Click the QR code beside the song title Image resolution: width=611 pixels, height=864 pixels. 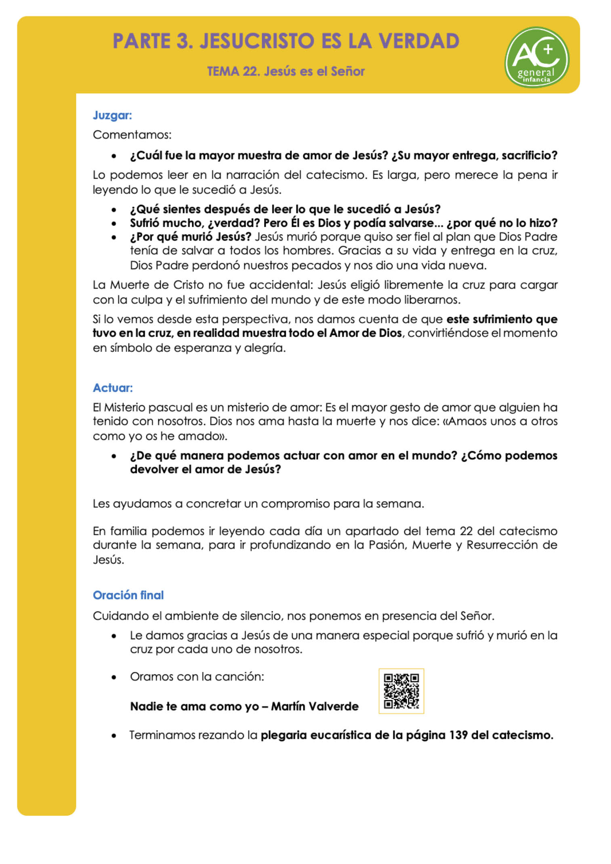tap(401, 691)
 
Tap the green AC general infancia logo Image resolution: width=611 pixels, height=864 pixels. tap(536, 57)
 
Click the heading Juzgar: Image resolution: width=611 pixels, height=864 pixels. tap(112, 115)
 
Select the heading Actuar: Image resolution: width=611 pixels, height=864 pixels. tap(113, 388)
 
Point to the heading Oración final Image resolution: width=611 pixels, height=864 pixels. tap(128, 595)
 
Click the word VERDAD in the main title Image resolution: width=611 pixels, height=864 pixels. tap(419, 41)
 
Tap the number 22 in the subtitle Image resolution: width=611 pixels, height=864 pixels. tap(250, 71)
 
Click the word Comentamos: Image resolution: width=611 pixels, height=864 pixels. tap(132, 135)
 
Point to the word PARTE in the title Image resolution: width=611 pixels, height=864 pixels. tap(141, 41)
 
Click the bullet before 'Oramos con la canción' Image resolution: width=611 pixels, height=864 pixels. tap(114, 677)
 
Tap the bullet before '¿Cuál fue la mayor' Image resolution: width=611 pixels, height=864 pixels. tap(114, 156)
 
